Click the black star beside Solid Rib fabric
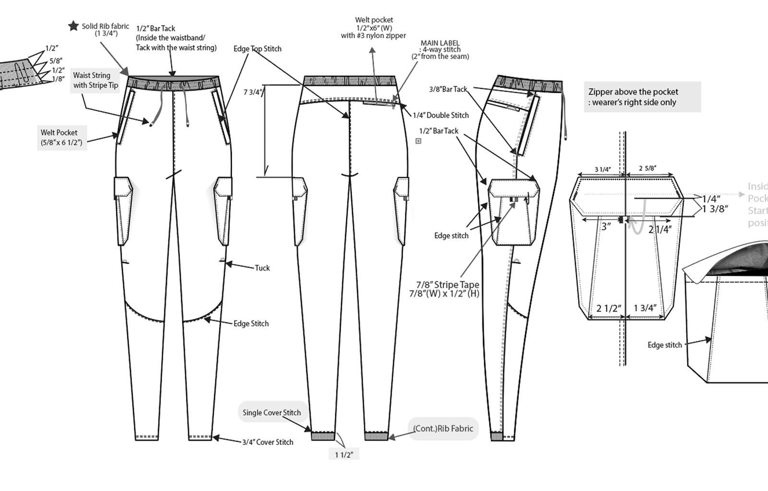coord(73,26)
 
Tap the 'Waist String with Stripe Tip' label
coord(95,81)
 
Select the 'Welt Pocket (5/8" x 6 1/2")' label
coord(61,138)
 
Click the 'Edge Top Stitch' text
coord(257,49)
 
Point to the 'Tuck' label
coord(262,268)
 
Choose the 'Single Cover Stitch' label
coord(272,412)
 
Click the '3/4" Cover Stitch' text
coord(267,442)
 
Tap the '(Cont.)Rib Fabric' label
coord(443,429)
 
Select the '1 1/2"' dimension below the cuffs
coord(344,455)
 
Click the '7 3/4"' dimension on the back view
coord(253,92)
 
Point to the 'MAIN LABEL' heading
coord(440,43)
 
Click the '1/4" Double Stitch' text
coord(441,116)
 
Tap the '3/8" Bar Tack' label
coord(448,89)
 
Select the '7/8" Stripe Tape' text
coord(447,285)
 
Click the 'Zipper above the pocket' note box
coord(642,97)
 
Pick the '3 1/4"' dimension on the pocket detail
coord(602,169)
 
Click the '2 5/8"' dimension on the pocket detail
coord(647,168)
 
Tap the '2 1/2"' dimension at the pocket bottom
coord(609,308)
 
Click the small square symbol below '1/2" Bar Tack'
coord(418,141)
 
